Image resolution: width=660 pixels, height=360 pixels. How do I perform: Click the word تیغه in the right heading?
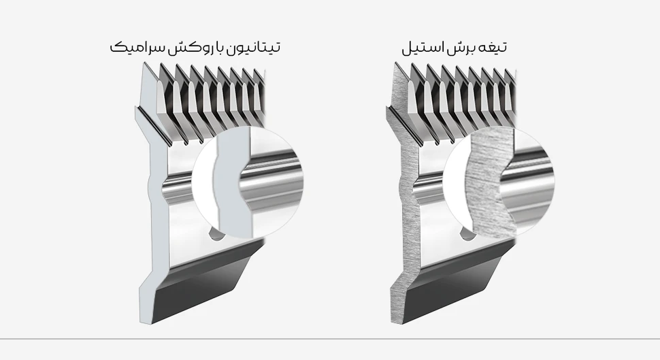point(493,48)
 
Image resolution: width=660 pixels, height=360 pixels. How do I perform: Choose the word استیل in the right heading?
point(422,47)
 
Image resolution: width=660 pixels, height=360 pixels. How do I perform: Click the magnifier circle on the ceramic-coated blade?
point(248,182)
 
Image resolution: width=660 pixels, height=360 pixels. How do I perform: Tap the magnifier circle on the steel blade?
point(499,182)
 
